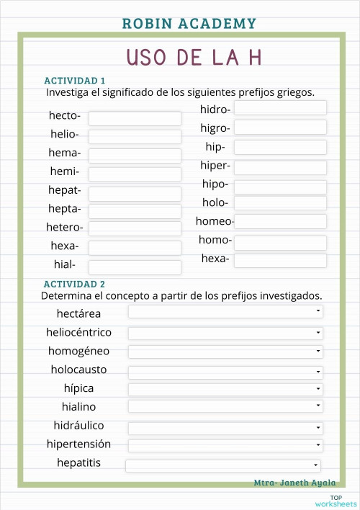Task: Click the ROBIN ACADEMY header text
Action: click(189, 24)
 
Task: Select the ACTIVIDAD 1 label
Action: click(75, 81)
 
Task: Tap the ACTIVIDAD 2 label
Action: click(74, 285)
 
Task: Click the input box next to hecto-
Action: click(135, 118)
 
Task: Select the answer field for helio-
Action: click(135, 137)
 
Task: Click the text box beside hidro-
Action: click(280, 108)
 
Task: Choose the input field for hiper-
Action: click(280, 167)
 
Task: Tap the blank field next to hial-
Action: click(135, 267)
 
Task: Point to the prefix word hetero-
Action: click(66, 228)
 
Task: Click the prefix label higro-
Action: click(215, 128)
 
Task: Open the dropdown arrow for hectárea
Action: click(318, 311)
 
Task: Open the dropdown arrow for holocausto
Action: click(318, 371)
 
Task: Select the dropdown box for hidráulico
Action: click(225, 427)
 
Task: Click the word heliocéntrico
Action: click(78, 333)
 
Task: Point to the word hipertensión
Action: click(78, 444)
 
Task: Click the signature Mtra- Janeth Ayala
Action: click(294, 483)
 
